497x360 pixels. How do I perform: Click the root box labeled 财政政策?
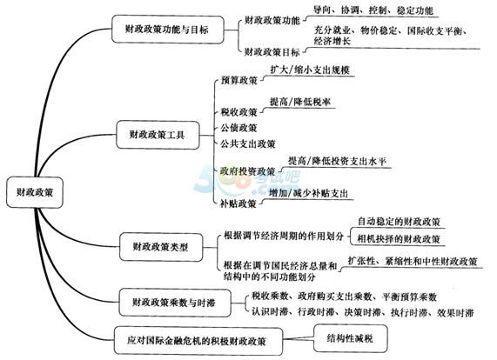coord(35,192)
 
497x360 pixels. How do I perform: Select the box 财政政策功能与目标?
coord(168,29)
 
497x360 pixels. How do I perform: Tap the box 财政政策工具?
coord(158,135)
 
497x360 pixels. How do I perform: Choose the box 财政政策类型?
coord(161,247)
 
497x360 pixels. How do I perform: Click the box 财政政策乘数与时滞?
coord(175,303)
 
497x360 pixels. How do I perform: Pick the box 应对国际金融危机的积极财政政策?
coord(198,341)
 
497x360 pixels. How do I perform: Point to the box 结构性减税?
coord(350,338)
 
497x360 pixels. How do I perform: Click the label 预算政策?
coord(239,80)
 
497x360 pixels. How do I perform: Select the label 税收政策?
coord(239,112)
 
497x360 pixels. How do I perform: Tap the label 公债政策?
coord(238,128)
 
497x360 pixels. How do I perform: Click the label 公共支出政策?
coord(248,144)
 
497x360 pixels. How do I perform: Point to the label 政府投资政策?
coord(248,171)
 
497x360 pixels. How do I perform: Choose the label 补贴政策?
coord(238,203)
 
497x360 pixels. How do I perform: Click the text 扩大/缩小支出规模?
coord(310,70)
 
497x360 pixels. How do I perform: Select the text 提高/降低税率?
coord(299,102)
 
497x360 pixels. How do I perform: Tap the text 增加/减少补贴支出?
coord(308,193)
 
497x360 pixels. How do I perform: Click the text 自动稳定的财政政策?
coord(399,222)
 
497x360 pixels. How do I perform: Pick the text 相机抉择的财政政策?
coord(399,239)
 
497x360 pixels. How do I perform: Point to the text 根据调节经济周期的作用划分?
coord(284,236)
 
